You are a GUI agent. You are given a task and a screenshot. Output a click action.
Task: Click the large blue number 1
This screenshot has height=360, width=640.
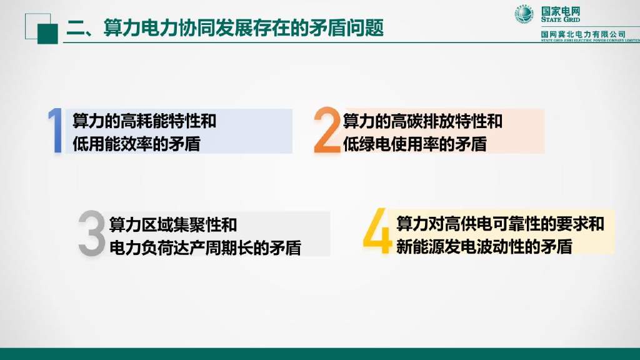[x=56, y=131]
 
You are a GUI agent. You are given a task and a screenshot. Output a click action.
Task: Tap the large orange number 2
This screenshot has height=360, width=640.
[x=327, y=131]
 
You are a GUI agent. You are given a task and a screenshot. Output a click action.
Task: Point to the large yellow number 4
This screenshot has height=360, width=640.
[x=377, y=232]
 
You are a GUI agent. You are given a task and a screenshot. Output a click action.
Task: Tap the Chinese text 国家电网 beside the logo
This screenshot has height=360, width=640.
[x=561, y=10]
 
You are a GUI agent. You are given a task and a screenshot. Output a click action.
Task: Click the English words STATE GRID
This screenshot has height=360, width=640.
[x=561, y=20]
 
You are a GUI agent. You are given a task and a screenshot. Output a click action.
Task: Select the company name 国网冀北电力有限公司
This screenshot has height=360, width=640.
[x=583, y=33]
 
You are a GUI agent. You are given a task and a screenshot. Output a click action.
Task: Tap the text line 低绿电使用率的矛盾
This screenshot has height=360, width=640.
[x=414, y=144]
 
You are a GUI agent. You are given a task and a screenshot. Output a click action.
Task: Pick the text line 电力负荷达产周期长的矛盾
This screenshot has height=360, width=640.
[x=205, y=247]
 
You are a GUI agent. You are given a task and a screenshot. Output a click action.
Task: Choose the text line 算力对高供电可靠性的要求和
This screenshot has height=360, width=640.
[x=500, y=223]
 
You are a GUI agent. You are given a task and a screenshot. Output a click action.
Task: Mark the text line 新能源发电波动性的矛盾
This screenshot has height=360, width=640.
[x=484, y=246]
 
